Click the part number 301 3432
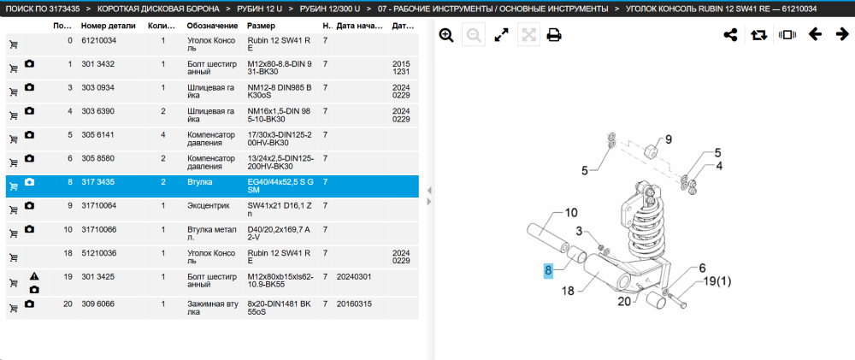[97, 64]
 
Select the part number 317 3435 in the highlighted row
[97, 181]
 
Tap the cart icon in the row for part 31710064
[14, 210]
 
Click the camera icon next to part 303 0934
[30, 88]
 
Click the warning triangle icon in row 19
[34, 276]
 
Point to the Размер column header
[261, 26]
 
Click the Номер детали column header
[105, 26]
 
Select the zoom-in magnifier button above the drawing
[446, 35]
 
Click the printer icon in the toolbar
[554, 35]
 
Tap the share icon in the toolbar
[730, 35]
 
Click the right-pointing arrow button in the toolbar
[842, 34]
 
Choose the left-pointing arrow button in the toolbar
[815, 34]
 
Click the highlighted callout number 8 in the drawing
[549, 270]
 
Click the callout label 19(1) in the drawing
[717, 281]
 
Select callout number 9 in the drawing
[668, 139]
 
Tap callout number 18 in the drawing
[569, 291]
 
